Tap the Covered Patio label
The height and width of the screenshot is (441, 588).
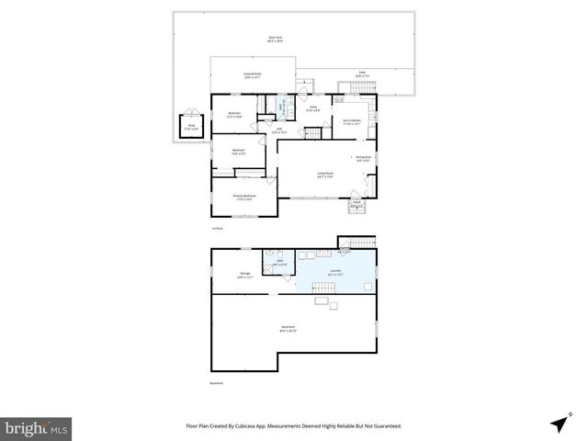pos(254,75)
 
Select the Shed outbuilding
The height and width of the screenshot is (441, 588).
pos(191,128)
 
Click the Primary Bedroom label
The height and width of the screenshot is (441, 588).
pos(243,198)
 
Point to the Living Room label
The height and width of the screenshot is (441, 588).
pos(324,175)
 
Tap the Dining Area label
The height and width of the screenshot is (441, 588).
pos(362,159)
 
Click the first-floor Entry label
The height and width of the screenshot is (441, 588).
pos(312,109)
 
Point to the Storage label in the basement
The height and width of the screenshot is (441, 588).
pos(245,275)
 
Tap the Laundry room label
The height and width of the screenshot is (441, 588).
pos(335,272)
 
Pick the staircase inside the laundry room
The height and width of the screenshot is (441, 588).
pos(326,301)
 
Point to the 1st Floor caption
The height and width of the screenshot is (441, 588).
pos(218,228)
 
